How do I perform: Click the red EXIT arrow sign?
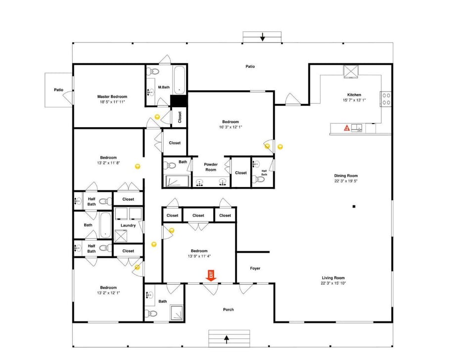tap(211, 275)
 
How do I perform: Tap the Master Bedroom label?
tap(112, 96)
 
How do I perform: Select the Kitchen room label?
tap(354, 94)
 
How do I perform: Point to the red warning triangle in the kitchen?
tap(347, 129)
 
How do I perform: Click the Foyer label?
tap(255, 269)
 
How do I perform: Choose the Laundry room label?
tap(128, 225)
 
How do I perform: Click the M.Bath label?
tap(164, 88)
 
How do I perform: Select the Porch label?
tap(228, 310)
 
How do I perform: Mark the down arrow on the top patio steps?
tap(262, 37)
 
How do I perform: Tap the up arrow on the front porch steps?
tap(227, 339)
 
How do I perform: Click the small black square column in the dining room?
tap(354, 206)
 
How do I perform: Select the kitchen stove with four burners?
tap(386, 98)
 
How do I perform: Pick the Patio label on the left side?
tap(59, 90)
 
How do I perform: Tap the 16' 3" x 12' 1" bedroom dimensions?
tap(231, 127)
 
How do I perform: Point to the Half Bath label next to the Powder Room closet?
tap(264, 172)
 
